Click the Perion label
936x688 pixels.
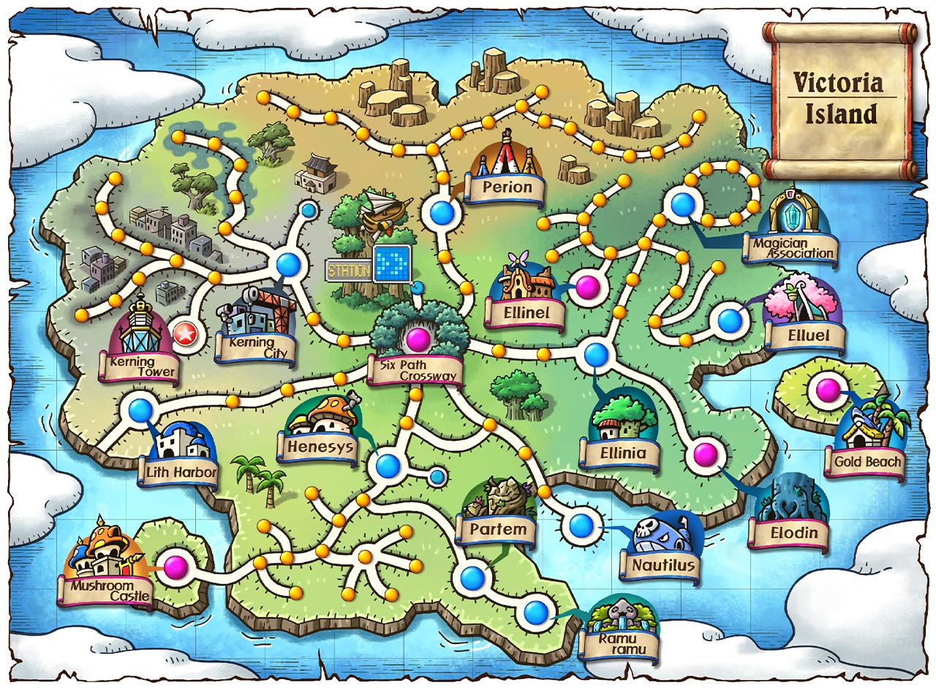507,188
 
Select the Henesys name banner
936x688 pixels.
320,446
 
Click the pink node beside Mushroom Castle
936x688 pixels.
175,567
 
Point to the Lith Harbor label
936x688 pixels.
181,472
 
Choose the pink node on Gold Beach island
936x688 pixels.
827,389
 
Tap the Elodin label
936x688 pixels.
794,533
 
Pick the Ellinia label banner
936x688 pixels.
623,453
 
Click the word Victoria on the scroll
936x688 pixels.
838,83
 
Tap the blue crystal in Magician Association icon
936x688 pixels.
791,215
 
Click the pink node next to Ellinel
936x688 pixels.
586,287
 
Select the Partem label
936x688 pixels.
499,529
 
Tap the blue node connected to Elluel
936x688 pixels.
730,321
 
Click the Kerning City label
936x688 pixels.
255,348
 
